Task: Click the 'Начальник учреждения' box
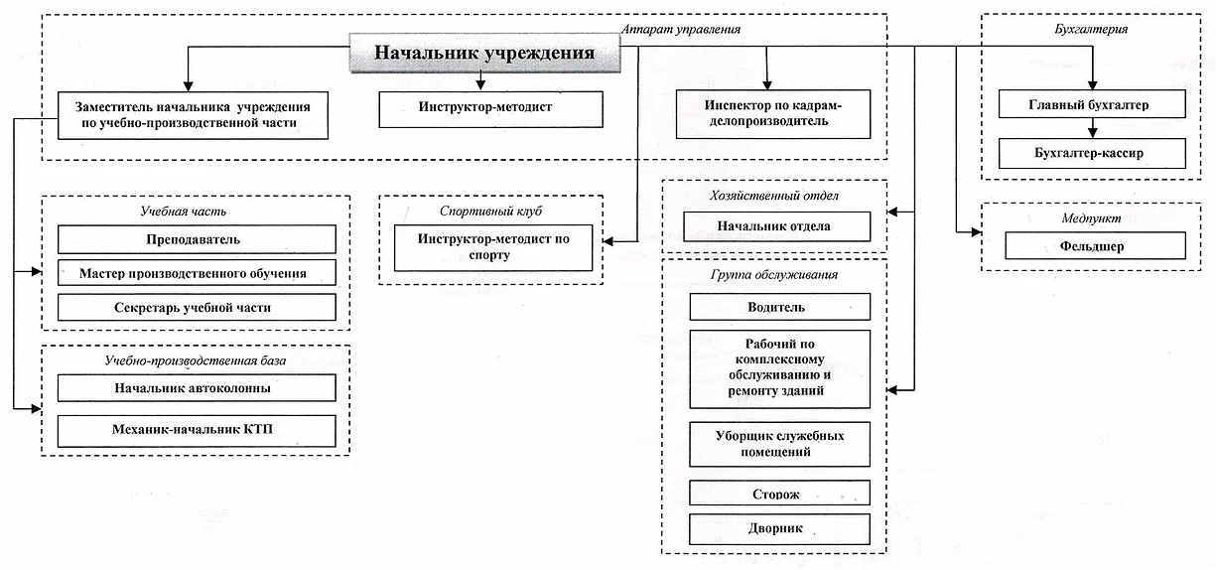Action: [x=484, y=53]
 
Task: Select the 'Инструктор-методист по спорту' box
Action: [x=493, y=247]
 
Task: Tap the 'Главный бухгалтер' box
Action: [x=1092, y=104]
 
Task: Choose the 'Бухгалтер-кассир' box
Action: [x=1092, y=153]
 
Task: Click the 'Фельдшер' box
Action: [x=1095, y=246]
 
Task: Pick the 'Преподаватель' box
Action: [x=197, y=239]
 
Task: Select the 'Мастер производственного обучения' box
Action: [x=197, y=273]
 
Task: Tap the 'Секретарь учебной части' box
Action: [x=197, y=307]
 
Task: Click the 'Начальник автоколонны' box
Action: [x=197, y=387]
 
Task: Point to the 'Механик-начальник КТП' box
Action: [x=197, y=431]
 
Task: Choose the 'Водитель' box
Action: [x=779, y=307]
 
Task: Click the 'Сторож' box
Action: [x=779, y=493]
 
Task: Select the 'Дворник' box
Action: [x=779, y=528]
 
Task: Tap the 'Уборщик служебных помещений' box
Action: [x=779, y=444]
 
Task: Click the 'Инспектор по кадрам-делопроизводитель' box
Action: [x=773, y=114]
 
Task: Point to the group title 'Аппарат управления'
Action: [x=681, y=29]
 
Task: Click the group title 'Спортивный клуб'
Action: [x=490, y=212]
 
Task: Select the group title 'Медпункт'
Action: [x=1091, y=218]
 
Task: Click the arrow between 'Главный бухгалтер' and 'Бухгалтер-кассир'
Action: [x=1093, y=128]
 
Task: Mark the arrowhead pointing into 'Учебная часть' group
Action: [x=37, y=271]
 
